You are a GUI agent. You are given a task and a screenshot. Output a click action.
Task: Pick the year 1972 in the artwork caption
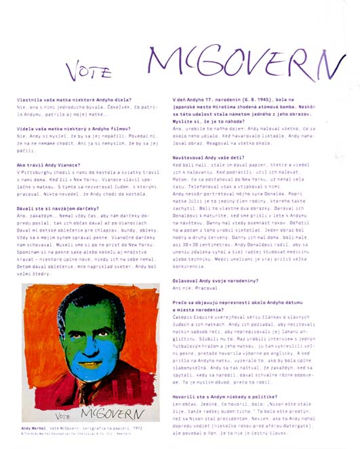(x=139, y=429)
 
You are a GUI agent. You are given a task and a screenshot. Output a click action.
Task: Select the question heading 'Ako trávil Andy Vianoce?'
(x=49, y=165)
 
